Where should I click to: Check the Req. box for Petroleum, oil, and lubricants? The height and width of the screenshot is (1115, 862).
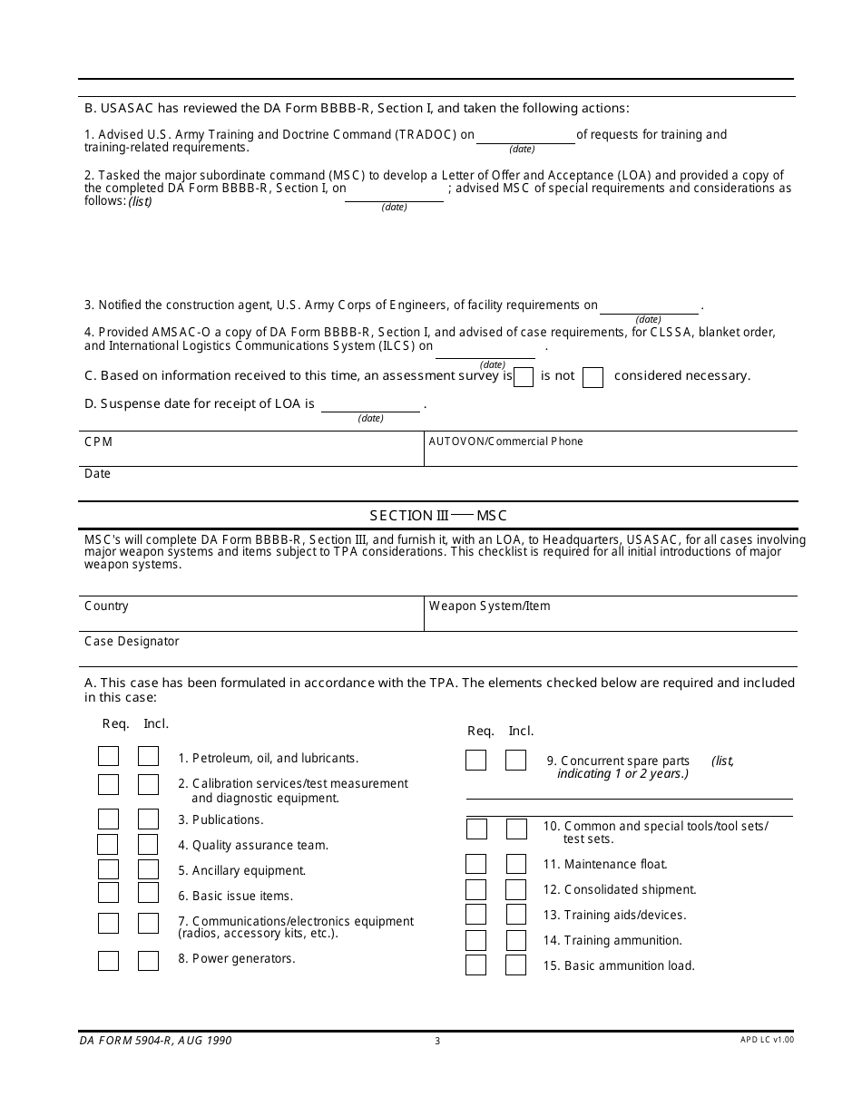pyautogui.click(x=108, y=757)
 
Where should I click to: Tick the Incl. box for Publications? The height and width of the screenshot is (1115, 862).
pyautogui.click(x=148, y=819)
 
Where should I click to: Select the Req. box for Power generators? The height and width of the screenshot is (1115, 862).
pyautogui.click(x=108, y=961)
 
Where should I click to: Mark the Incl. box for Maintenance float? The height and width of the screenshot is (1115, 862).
pyautogui.click(x=515, y=864)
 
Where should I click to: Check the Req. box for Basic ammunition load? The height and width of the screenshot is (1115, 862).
pyautogui.click(x=475, y=965)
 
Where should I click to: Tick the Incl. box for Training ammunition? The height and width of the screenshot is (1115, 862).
pyautogui.click(x=515, y=940)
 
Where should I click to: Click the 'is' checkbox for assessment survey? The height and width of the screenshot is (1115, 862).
pyautogui.click(x=524, y=377)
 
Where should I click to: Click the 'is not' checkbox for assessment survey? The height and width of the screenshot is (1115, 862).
pyautogui.click(x=593, y=377)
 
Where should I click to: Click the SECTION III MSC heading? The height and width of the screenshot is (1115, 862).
pyautogui.click(x=437, y=516)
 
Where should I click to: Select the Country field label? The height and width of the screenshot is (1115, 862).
pyautogui.click(x=106, y=606)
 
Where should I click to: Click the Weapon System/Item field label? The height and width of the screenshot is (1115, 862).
pyautogui.click(x=489, y=606)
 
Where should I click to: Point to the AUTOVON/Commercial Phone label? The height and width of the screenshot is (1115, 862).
pyautogui.click(x=505, y=441)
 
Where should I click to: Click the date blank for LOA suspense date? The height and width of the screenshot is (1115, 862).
pyautogui.click(x=370, y=404)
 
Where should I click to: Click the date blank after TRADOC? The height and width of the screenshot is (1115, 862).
pyautogui.click(x=525, y=135)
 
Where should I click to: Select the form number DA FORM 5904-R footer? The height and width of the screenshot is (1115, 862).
pyautogui.click(x=154, y=1041)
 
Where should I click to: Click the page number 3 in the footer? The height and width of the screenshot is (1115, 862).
pyautogui.click(x=437, y=1041)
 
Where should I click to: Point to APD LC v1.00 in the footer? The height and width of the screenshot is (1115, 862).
pyautogui.click(x=767, y=1040)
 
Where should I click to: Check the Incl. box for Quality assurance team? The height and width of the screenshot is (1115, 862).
pyautogui.click(x=148, y=845)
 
